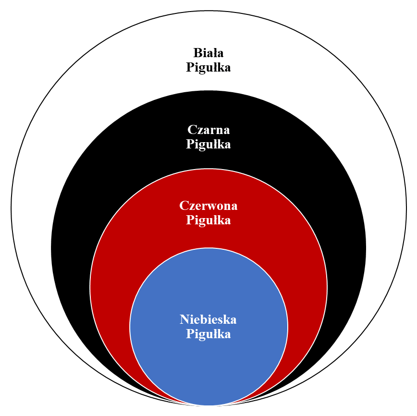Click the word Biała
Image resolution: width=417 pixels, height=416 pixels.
pos(208,52)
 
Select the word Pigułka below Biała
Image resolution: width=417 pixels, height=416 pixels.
pos(208,67)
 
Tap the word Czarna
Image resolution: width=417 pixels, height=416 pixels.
pos(208,129)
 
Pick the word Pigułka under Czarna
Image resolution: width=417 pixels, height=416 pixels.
pos(208,144)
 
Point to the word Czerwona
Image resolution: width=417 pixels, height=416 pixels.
pos(208,206)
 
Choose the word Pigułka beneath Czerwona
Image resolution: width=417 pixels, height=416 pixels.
pos(208,220)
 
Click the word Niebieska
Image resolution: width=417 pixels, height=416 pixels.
pos(208,319)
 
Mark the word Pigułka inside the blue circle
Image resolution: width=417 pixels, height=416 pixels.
pos(208,334)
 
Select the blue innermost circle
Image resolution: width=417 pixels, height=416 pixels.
pos(208,365)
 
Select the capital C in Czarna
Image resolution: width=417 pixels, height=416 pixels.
pos(192,129)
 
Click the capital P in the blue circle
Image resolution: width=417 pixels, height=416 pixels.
pos(190,334)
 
